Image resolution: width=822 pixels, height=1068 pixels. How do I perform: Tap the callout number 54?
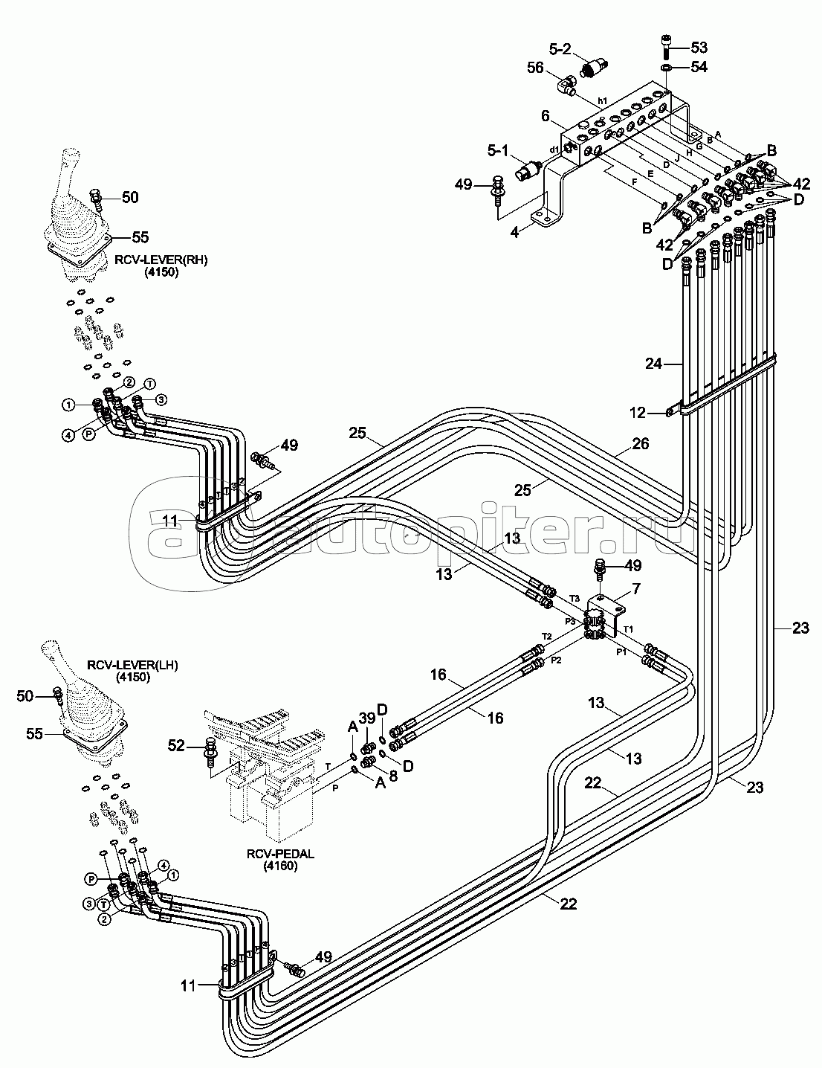tap(699, 67)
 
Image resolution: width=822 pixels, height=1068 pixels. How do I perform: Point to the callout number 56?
tap(537, 68)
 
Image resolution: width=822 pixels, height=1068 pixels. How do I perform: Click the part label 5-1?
tap(499, 151)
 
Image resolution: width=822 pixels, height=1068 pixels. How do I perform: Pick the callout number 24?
tap(654, 364)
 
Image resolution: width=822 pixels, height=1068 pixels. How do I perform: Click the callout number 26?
tap(640, 444)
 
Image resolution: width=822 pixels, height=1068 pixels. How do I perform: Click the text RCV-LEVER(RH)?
tap(161, 260)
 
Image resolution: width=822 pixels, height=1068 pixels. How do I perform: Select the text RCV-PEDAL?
tap(280, 855)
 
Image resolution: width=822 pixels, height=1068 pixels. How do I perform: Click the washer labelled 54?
tap(666, 68)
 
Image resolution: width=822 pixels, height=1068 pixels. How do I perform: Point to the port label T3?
tap(574, 597)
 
